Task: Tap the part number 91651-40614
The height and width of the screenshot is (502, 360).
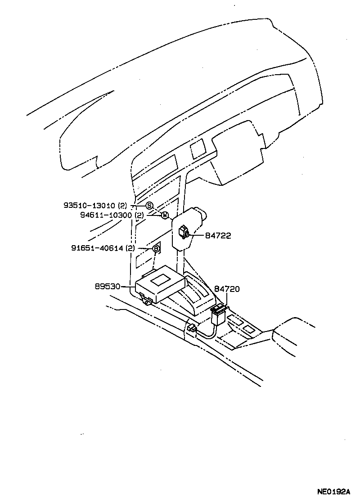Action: coord(97,248)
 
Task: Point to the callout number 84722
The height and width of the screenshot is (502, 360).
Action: coord(218,235)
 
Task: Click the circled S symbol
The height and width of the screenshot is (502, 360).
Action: coord(149,206)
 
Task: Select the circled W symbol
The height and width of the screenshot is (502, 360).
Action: coord(165,215)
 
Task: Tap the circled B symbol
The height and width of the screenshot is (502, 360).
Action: coord(156,248)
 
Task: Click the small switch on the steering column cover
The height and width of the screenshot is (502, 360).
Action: coord(184,232)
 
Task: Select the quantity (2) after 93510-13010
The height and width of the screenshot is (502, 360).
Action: coord(123,206)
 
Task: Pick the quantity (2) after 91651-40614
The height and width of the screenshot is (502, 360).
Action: coord(130,248)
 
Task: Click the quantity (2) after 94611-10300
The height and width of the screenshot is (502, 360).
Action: coord(139,215)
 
